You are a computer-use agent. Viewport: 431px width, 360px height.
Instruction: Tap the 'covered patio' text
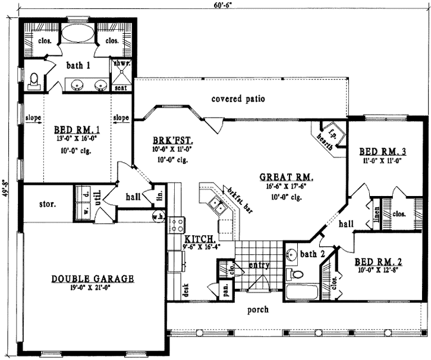tap(238, 99)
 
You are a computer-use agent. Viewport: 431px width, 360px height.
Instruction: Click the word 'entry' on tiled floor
tap(259, 266)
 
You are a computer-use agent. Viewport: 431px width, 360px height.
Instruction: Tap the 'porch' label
tap(257, 310)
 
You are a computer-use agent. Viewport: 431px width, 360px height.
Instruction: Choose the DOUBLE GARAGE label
tap(92, 279)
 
